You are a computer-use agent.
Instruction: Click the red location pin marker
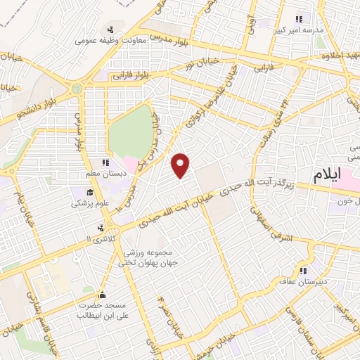tap(181, 165)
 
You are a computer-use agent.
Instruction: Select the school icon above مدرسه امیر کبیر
tap(299, 20)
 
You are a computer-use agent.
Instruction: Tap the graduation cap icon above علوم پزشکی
tap(90, 192)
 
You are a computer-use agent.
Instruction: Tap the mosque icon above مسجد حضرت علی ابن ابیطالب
tap(103, 295)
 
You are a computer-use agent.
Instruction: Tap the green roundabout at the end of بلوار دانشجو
tap(76, 89)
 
